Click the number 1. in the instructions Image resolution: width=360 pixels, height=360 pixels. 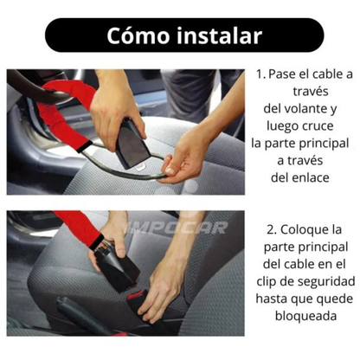(x=260, y=74)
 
